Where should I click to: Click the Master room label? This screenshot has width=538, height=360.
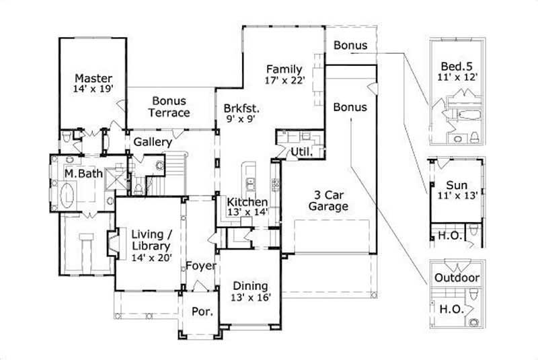[93, 77]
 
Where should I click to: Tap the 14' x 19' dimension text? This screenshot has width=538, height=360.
[93, 88]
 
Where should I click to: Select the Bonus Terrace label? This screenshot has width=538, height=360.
[169, 106]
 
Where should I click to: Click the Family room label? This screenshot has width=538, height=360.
[284, 69]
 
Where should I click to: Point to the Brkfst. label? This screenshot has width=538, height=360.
[242, 108]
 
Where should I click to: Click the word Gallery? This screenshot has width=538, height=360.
[153, 142]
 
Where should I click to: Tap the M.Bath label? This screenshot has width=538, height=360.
[83, 174]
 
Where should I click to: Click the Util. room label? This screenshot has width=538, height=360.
[301, 152]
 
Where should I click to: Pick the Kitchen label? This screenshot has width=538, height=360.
[247, 202]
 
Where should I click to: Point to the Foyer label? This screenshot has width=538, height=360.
[201, 266]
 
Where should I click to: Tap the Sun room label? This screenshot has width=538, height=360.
[457, 185]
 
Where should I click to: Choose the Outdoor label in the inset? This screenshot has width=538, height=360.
[457, 278]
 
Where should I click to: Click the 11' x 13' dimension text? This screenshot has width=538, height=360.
[457, 196]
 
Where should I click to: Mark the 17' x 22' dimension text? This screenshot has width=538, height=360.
[285, 81]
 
